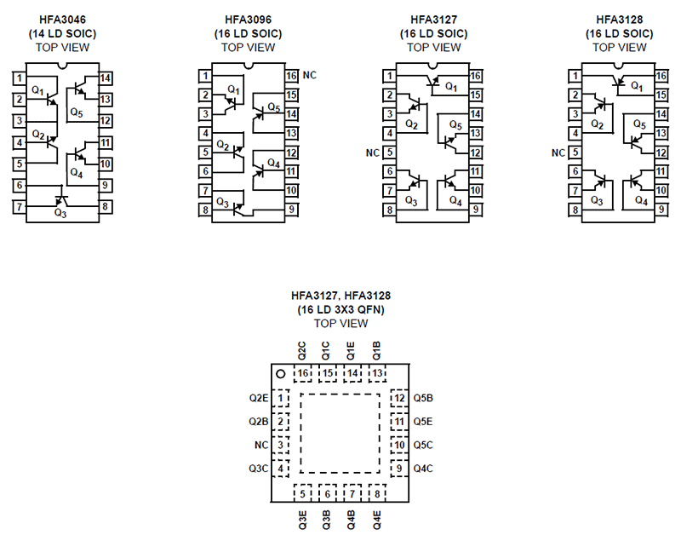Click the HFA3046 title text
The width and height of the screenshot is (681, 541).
click(62, 19)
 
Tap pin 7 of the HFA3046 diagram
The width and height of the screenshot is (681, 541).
click(19, 207)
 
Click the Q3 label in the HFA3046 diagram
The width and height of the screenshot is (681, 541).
click(60, 213)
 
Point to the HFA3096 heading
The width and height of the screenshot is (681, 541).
click(248, 19)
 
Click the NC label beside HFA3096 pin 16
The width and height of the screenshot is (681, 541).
click(310, 75)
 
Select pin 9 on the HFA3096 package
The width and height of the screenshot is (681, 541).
click(291, 210)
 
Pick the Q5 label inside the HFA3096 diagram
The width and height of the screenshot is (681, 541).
click(272, 107)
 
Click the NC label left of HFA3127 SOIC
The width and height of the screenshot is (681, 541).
click(372, 153)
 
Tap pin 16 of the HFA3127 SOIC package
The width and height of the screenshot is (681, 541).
click(476, 76)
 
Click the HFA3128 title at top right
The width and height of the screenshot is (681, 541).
click(619, 19)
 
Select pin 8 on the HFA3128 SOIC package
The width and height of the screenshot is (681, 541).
click(576, 210)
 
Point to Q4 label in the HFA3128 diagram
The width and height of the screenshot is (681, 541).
click(641, 202)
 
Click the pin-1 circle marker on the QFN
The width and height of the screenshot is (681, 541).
click(279, 373)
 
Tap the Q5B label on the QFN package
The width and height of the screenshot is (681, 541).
click(423, 398)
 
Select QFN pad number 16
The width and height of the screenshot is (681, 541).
click(303, 373)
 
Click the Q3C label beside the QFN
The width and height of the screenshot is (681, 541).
click(259, 469)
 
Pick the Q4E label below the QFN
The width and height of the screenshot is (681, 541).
click(375, 520)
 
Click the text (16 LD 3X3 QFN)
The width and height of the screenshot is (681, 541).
click(340, 309)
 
